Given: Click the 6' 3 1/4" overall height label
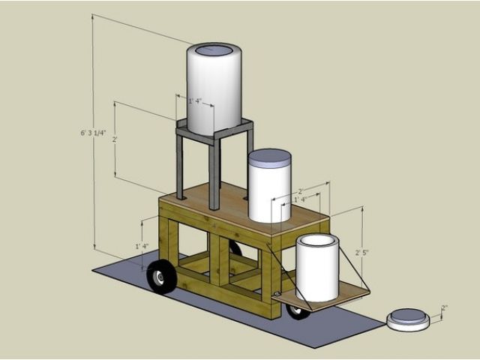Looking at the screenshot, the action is pos(93,133).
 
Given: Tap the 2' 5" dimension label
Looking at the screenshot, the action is pos(361,253).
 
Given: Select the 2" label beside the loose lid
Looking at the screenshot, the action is pos(444,307).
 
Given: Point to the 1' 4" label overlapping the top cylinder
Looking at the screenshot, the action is pos(195,101).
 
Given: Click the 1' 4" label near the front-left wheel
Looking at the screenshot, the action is pos(142,246).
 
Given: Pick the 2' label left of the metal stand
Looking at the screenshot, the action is pos(115,139).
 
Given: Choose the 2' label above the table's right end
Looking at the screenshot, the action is pos(300,191).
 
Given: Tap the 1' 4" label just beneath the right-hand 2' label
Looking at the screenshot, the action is pos(300,199).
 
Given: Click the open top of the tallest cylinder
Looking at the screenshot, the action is pos(214,50).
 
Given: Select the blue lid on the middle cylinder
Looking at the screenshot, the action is pos(270,158).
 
